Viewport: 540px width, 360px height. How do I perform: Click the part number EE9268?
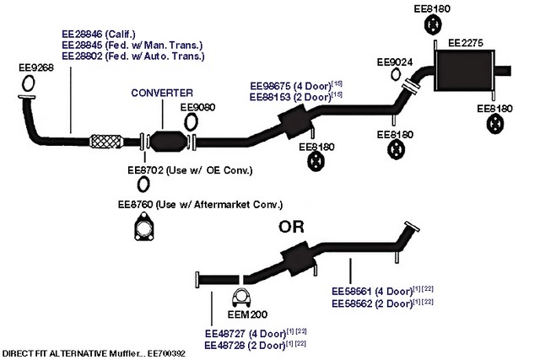[x=36, y=67]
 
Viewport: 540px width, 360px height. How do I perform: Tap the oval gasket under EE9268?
[x=23, y=83]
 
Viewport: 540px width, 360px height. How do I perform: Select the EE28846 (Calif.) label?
[x=99, y=34]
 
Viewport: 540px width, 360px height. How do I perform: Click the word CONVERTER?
[x=162, y=93]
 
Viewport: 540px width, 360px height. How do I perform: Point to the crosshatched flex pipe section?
[x=106, y=142]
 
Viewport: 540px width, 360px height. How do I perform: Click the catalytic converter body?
[x=168, y=141]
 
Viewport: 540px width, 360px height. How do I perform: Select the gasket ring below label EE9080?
[x=186, y=122]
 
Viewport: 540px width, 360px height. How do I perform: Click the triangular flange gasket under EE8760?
[x=136, y=228]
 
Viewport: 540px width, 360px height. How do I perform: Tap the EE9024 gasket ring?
[x=391, y=75]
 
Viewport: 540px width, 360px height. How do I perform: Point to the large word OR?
[x=291, y=227]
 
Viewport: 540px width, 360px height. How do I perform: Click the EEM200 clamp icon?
[x=235, y=298]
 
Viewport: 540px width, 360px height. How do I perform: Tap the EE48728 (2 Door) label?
[x=255, y=345]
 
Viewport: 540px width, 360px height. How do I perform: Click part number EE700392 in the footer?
[x=167, y=353]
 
